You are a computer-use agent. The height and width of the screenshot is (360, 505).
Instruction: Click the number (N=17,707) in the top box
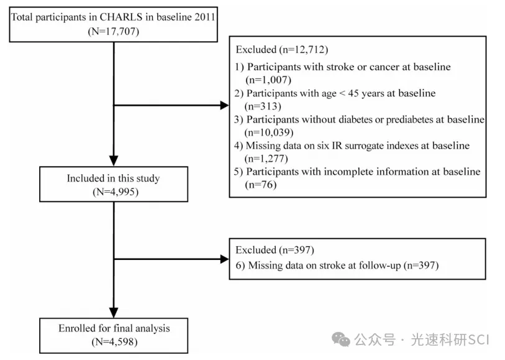coord(114,31)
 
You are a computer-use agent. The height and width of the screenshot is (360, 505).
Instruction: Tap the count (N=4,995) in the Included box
coord(116,192)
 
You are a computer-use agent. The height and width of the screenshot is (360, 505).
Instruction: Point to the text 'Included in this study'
coord(114,178)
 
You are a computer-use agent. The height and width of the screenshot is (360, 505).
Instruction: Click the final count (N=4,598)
coord(115,341)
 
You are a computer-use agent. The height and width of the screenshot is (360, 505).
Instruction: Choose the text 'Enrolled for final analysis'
coord(114,328)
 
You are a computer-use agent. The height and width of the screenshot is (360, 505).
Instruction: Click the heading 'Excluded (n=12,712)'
coord(282,49)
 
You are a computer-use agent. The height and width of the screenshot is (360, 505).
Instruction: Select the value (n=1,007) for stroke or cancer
coord(268,80)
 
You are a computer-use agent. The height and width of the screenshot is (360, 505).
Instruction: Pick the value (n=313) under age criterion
coord(263,106)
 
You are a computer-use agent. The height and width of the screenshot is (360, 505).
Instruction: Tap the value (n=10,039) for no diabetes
coord(269,132)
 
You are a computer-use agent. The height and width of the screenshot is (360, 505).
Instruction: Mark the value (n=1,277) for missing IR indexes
coord(266,159)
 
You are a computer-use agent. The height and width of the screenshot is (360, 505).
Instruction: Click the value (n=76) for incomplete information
coord(260,185)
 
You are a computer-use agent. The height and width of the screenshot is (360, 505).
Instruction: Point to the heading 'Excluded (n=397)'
coord(275,250)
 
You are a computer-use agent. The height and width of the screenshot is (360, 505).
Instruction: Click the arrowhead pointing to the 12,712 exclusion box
coord(224,105)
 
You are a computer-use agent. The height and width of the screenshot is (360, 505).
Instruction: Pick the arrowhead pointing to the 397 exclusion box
coord(224,259)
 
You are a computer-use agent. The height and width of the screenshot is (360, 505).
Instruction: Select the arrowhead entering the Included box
coord(114,161)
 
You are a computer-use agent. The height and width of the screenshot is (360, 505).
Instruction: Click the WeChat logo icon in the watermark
coord(341,339)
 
